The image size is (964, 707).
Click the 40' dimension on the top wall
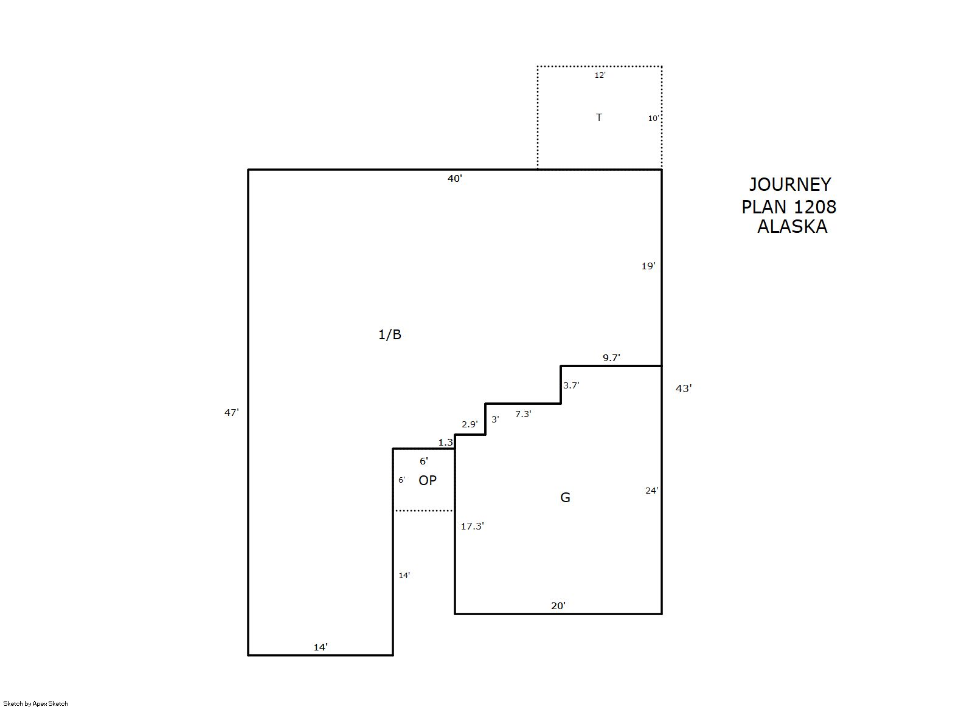pyautogui.click(x=454, y=179)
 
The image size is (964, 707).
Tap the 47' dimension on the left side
pyautogui.click(x=232, y=412)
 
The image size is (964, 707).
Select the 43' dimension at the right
pyautogui.click(x=684, y=388)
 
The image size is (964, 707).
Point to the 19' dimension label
pyautogui.click(x=648, y=266)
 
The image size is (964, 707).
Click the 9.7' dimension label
pyautogui.click(x=611, y=357)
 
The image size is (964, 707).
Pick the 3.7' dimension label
pyautogui.click(x=571, y=385)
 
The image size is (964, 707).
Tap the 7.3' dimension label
pyautogui.click(x=523, y=414)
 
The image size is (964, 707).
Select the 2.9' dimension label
pyautogui.click(x=470, y=424)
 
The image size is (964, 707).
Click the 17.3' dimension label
pyautogui.click(x=472, y=526)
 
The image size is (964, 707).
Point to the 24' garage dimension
pyautogui.click(x=651, y=491)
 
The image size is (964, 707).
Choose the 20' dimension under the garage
pyautogui.click(x=558, y=606)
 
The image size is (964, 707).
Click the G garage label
pyautogui.click(x=565, y=497)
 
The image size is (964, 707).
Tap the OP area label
pyautogui.click(x=428, y=480)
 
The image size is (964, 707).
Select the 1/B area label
pyautogui.click(x=389, y=334)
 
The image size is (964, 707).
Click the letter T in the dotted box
pyautogui.click(x=598, y=117)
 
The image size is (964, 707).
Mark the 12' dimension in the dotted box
pyautogui.click(x=600, y=75)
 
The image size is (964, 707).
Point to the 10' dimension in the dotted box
pyautogui.click(x=653, y=119)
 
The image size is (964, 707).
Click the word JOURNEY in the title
pyautogui.click(x=789, y=184)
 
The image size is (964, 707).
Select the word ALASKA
pyautogui.click(x=792, y=227)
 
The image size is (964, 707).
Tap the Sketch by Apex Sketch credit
pyautogui.click(x=36, y=703)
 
